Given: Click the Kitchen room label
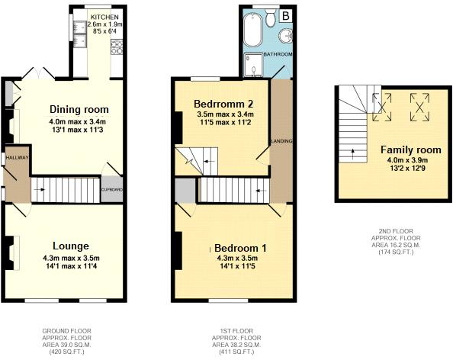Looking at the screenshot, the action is (x=104, y=18).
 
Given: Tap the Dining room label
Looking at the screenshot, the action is (x=79, y=110).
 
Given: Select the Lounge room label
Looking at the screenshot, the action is (x=71, y=246).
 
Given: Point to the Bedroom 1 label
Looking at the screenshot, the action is (x=240, y=248).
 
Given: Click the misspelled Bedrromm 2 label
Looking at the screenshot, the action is (x=223, y=104).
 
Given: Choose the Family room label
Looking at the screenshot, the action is (x=411, y=150).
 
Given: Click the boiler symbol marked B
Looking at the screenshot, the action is (x=286, y=15).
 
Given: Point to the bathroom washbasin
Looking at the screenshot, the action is (x=286, y=36).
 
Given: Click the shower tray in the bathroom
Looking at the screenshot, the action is (x=253, y=65).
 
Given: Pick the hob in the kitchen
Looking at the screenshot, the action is (x=117, y=47).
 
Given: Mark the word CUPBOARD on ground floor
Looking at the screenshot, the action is (x=112, y=190).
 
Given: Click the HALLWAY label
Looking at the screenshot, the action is (x=18, y=157).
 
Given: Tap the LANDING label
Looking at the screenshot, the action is (x=281, y=141).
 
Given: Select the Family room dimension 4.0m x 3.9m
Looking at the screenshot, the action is (x=408, y=160).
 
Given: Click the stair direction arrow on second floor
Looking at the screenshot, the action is (x=353, y=154).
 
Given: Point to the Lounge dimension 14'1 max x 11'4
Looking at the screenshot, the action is (x=71, y=266).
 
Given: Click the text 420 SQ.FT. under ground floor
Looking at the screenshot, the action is (x=67, y=352).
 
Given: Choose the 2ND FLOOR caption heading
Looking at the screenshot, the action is (x=396, y=231).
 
